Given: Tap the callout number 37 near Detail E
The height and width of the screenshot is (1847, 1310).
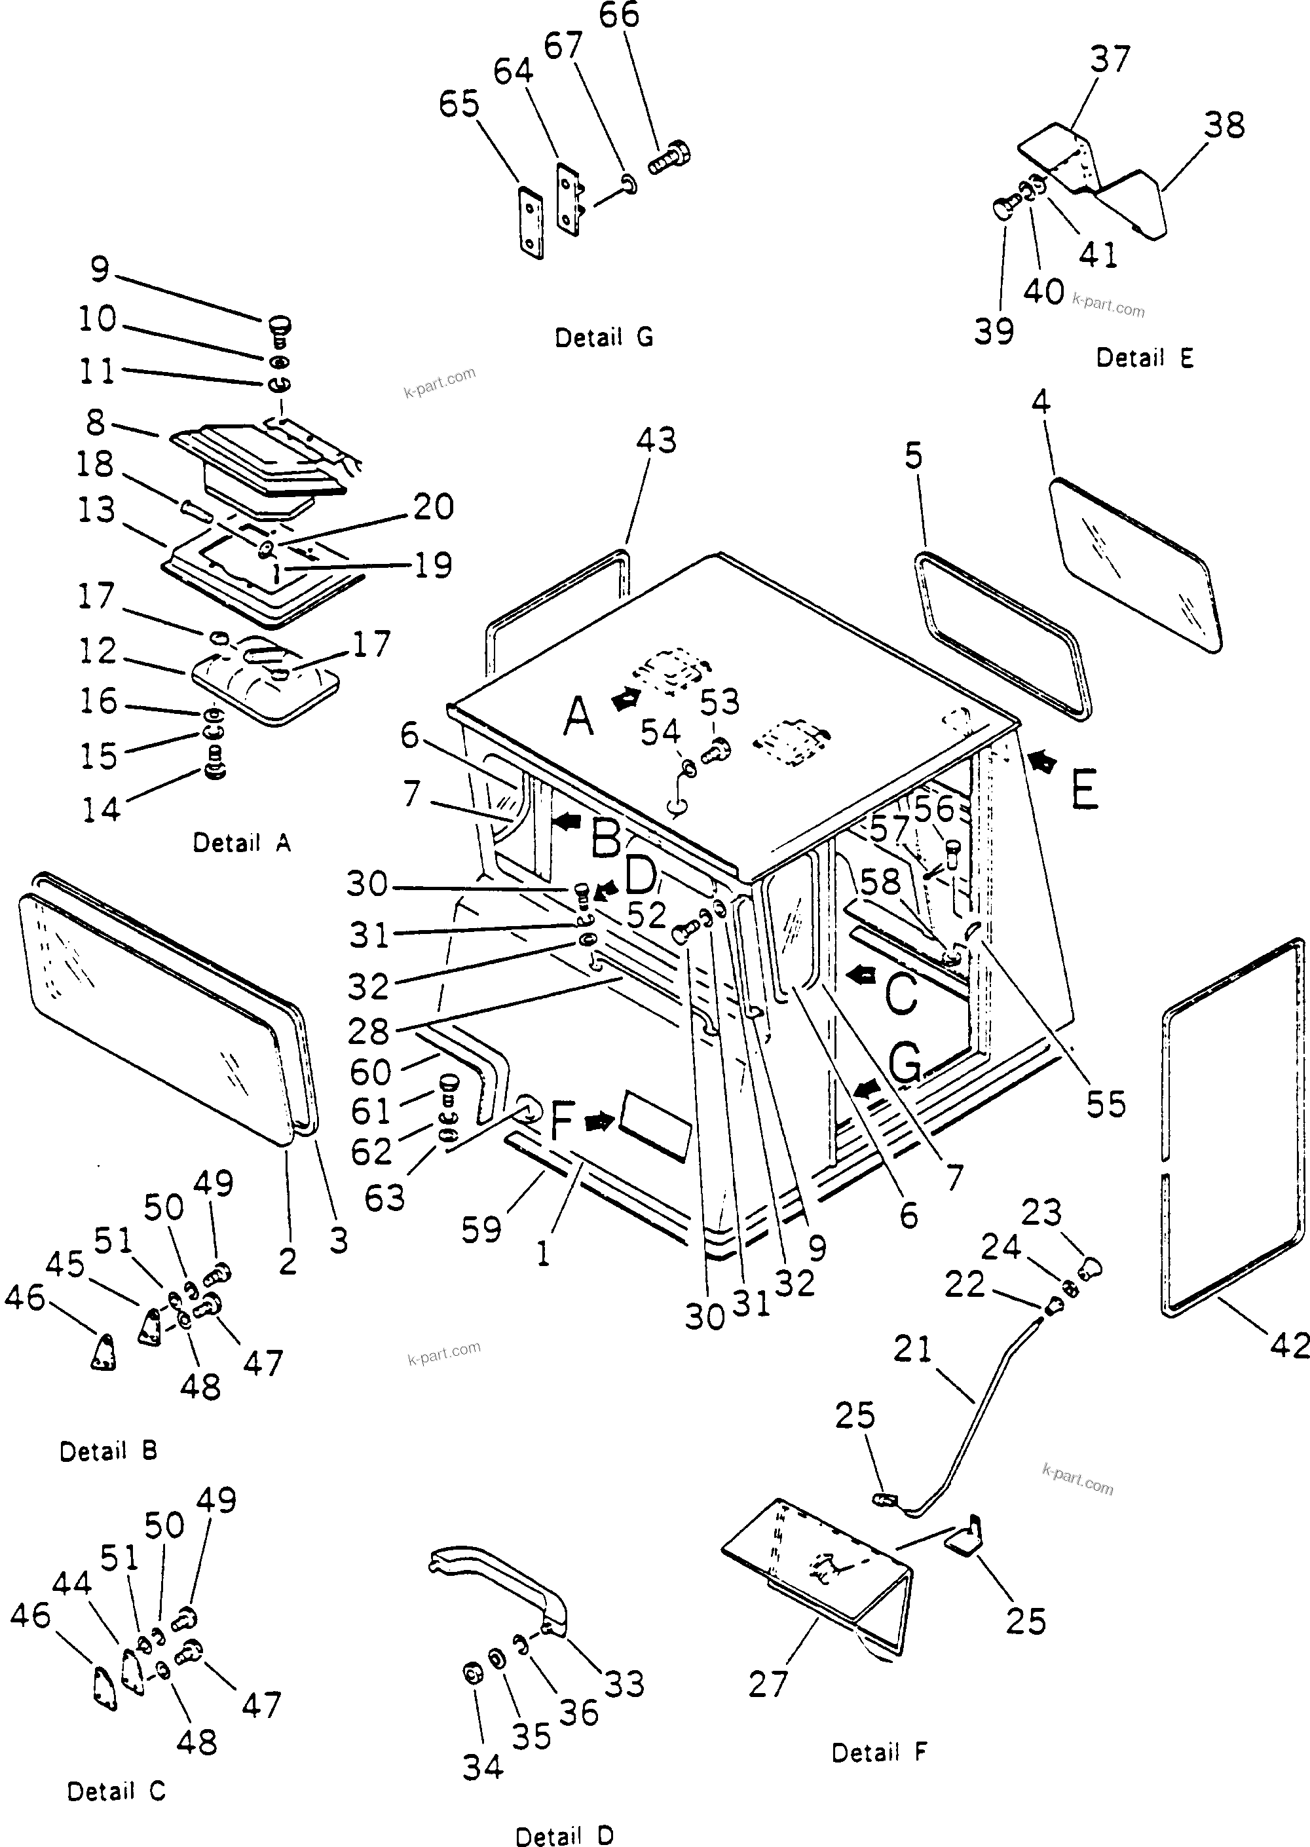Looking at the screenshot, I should (x=1110, y=60).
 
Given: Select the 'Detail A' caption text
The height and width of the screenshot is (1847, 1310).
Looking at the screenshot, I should (x=241, y=843).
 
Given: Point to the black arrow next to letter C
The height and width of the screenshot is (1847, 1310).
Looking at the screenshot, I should (x=861, y=976).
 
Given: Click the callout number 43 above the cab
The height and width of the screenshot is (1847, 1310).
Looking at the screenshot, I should (x=656, y=440).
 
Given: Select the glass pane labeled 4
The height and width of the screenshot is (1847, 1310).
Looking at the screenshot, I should (x=1136, y=564).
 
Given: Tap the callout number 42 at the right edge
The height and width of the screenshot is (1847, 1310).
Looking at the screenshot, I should (x=1288, y=1345).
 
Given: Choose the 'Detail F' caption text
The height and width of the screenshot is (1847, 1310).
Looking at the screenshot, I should (x=879, y=1753).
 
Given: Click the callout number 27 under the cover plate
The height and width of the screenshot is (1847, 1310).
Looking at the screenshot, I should (x=767, y=1684).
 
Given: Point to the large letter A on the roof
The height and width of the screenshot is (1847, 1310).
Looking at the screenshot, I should (x=578, y=717).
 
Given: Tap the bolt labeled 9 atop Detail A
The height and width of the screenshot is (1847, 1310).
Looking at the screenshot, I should (x=279, y=327).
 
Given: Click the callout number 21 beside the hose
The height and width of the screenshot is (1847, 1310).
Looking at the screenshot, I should (x=912, y=1349).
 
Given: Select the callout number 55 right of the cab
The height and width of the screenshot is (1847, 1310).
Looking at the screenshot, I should (x=1105, y=1105).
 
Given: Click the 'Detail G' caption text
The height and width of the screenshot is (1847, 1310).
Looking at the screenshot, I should (x=603, y=337).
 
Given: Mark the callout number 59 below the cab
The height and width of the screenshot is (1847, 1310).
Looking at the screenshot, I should (x=481, y=1230).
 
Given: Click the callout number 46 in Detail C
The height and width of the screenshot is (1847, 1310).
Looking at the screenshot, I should (x=31, y=1616).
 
